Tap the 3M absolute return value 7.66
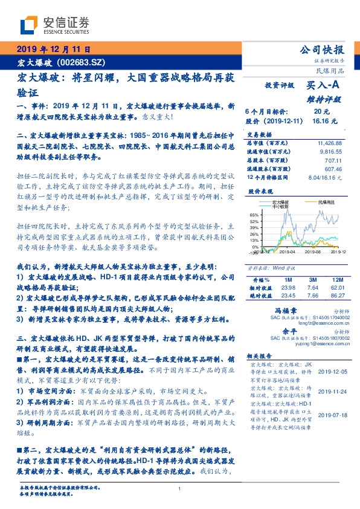click(x=312, y=295)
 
